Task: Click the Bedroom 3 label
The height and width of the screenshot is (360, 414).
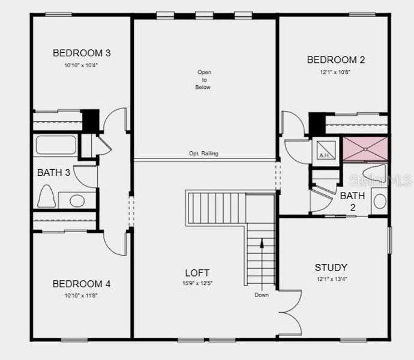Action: coord(82,53)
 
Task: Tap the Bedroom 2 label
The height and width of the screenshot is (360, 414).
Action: coord(336,60)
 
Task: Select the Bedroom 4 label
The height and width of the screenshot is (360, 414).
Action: coord(81,284)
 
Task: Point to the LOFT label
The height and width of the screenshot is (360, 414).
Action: coord(197,273)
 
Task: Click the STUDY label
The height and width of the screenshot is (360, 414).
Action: coord(331,268)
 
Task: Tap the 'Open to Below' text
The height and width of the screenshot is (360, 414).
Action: coord(204,80)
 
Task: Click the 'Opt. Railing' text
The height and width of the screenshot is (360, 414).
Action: coord(204,154)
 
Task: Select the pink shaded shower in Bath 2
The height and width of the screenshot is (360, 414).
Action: coord(365,149)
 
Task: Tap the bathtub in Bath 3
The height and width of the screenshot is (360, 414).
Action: coord(56,145)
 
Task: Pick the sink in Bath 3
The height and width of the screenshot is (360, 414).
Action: coord(77,200)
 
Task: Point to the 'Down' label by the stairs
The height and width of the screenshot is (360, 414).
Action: coord(262,295)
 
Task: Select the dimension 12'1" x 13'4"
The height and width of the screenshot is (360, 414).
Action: coord(331,279)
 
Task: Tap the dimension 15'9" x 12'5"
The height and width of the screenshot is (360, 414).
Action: coord(197,283)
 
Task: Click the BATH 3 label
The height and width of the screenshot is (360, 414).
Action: coord(54,173)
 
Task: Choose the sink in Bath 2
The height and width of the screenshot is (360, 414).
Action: coord(379,200)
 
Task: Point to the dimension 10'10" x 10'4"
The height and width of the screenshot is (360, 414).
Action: coord(81,65)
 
